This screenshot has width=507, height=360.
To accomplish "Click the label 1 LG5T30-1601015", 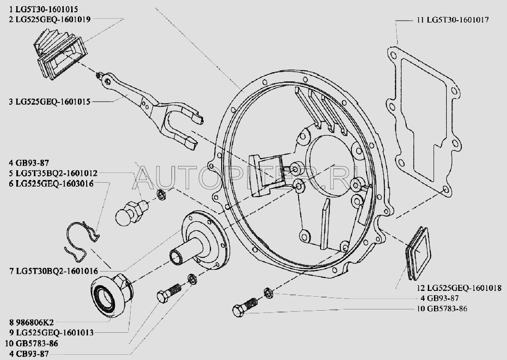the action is coord(44,9).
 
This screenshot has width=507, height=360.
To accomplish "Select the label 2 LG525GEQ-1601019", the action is coord(50,19).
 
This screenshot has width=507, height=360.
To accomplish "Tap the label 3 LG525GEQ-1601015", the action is coord(50,102).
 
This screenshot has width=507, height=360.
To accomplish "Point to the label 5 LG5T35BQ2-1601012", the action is coord(53,173).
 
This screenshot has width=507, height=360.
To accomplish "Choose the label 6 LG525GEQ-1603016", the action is coord(51,184).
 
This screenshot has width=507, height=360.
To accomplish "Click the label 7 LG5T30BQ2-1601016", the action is coord(54,271).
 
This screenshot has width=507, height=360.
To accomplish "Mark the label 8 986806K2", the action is coord(31,322).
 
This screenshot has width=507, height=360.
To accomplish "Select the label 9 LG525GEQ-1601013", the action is coord(51,332).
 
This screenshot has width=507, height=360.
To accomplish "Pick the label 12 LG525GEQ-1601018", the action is coord(459,288).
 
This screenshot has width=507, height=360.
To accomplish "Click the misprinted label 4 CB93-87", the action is coord(29,353).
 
